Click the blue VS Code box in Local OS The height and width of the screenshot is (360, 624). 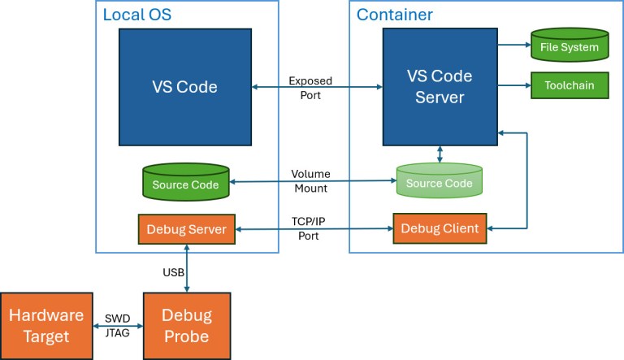[x=186, y=87]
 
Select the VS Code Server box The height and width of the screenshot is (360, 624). [x=440, y=87]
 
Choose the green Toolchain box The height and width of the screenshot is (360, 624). [x=570, y=85]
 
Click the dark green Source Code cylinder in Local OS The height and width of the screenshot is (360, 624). [x=186, y=184]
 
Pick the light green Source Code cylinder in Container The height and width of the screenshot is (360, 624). [x=439, y=183]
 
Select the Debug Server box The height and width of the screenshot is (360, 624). [x=187, y=228]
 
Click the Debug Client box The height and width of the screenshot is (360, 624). [x=440, y=228]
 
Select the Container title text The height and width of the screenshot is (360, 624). [x=395, y=15]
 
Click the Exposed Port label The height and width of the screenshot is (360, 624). [x=310, y=88]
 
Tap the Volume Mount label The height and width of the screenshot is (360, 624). [x=310, y=181]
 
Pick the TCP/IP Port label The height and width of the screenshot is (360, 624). [x=310, y=228]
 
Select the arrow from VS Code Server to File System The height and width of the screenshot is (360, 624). [x=513, y=46]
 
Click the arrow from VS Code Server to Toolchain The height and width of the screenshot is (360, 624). [x=513, y=85]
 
